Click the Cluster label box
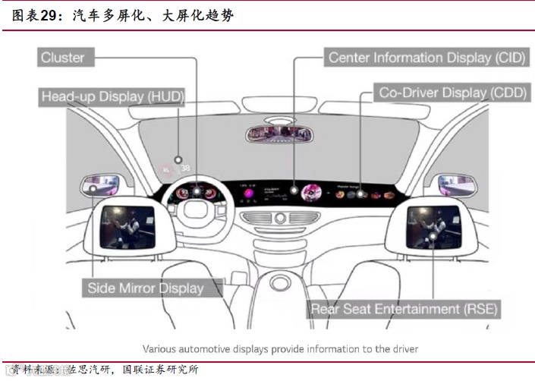click(63, 58)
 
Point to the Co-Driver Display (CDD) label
click(443, 93)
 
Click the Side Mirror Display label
click(145, 288)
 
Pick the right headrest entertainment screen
click(430, 227)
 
